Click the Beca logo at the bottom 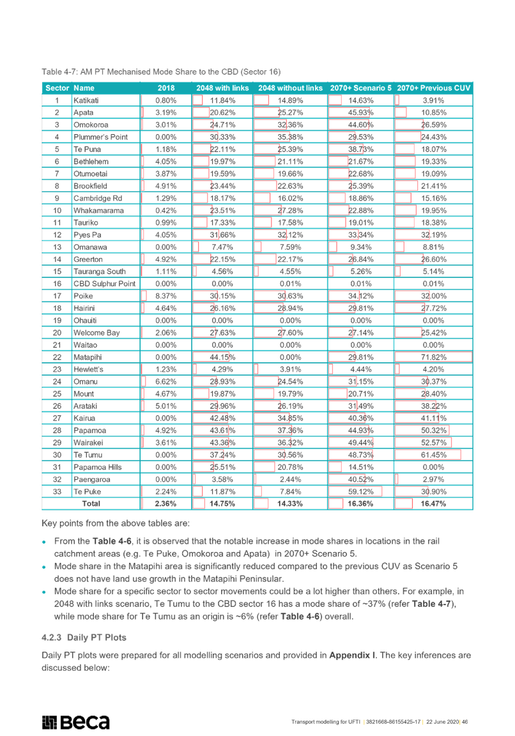(75, 722)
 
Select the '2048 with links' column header (222, 88)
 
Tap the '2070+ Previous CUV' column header (433, 88)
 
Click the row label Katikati (86, 100)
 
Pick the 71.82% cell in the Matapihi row (433, 357)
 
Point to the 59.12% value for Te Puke (360, 491)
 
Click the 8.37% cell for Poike (166, 296)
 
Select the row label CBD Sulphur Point (104, 284)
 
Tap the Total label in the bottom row (91, 503)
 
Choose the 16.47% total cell (433, 503)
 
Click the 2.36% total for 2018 (165, 503)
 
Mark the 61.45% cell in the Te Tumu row (433, 455)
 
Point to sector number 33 (57, 491)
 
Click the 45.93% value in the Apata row (360, 112)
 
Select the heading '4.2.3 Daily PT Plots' (84, 638)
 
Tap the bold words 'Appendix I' (352, 655)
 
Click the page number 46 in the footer (465, 722)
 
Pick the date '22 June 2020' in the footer (443, 722)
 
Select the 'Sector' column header (58, 88)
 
